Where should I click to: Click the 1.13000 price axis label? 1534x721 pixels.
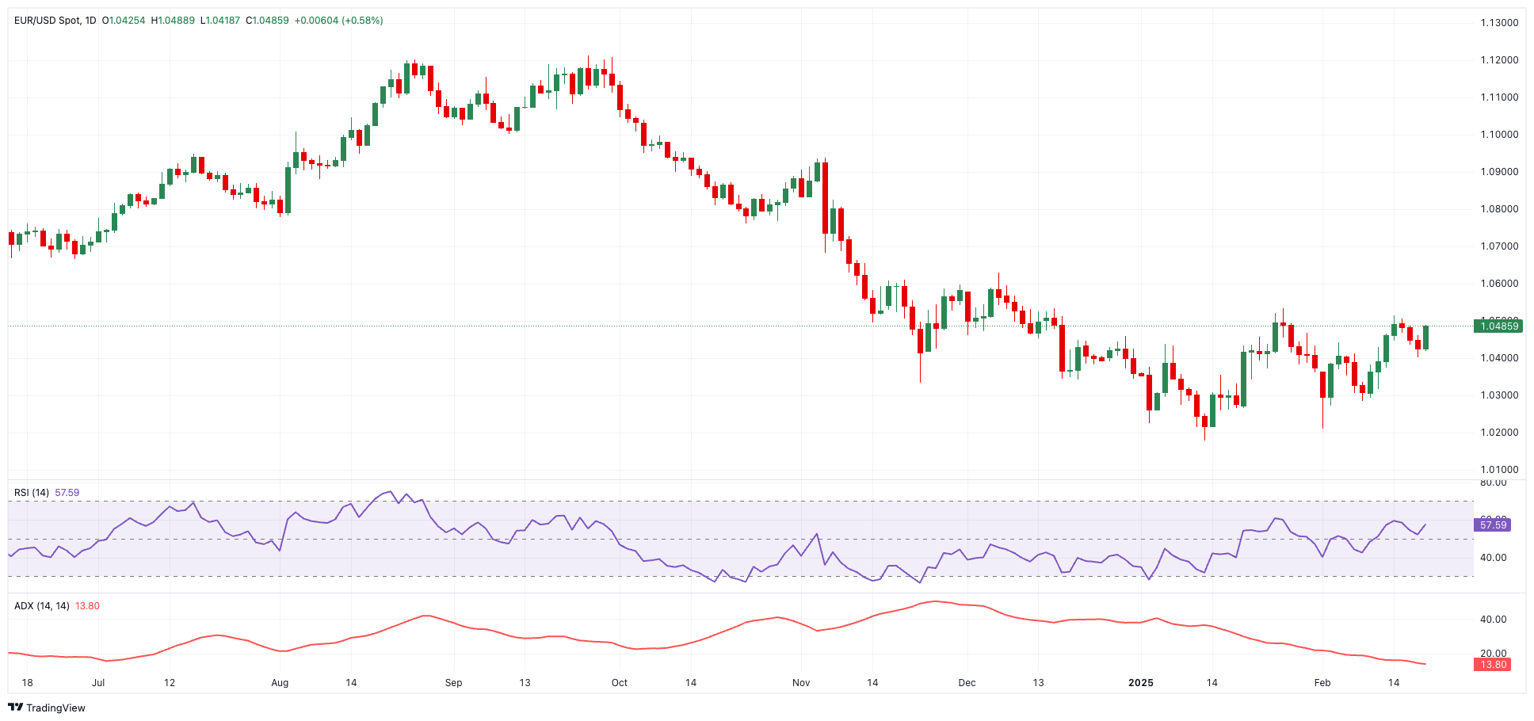1499,22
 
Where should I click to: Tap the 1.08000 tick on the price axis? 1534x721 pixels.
1499,209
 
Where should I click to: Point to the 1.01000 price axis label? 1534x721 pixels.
1499,470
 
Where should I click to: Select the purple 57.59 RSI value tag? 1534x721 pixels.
1494,525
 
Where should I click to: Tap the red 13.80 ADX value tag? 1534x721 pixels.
1494,665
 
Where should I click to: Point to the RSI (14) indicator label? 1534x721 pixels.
32,493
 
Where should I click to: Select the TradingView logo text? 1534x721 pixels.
55,708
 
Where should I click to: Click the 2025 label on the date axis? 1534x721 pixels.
1141,683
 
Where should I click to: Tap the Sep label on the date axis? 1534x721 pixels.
453,683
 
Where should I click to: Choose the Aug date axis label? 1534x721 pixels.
280,683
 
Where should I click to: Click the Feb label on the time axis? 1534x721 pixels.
1322,683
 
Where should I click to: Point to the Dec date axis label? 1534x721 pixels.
967,683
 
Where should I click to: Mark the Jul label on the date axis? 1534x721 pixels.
98,683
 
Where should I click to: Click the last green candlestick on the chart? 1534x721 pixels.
1425,338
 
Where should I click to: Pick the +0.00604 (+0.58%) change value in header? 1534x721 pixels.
338,21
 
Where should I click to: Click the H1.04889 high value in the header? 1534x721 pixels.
173,21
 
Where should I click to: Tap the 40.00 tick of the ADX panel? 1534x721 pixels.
1493,620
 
